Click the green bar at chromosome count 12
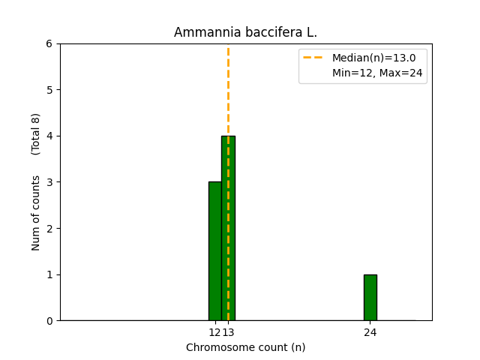tap(214, 251)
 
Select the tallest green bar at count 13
tap(228, 228)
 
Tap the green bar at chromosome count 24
tap(370, 298)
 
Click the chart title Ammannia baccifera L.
tap(245, 32)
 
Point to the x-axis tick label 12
tap(214, 332)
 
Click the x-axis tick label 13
tap(229, 332)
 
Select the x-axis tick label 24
tap(370, 332)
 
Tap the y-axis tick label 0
tap(49, 321)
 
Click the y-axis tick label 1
tap(49, 274)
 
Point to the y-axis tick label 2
tap(49, 229)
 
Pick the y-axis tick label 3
tap(49, 182)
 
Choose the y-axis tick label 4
tap(49, 136)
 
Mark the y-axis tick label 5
tap(49, 90)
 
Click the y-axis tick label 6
tap(49, 43)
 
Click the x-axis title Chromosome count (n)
tap(245, 347)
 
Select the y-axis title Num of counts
tap(36, 213)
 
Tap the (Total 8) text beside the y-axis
tap(36, 134)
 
